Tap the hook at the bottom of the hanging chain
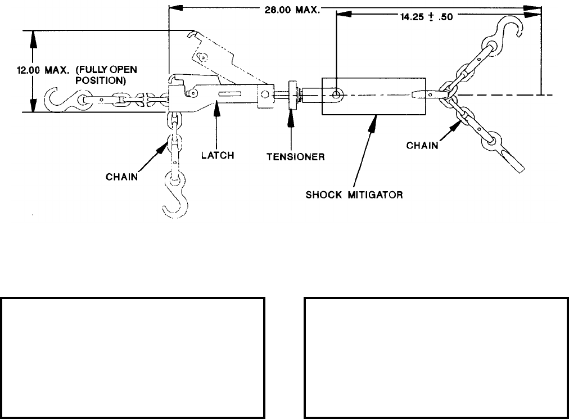click(x=175, y=200)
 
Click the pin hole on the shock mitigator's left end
click(x=336, y=94)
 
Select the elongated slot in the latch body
click(x=229, y=94)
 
